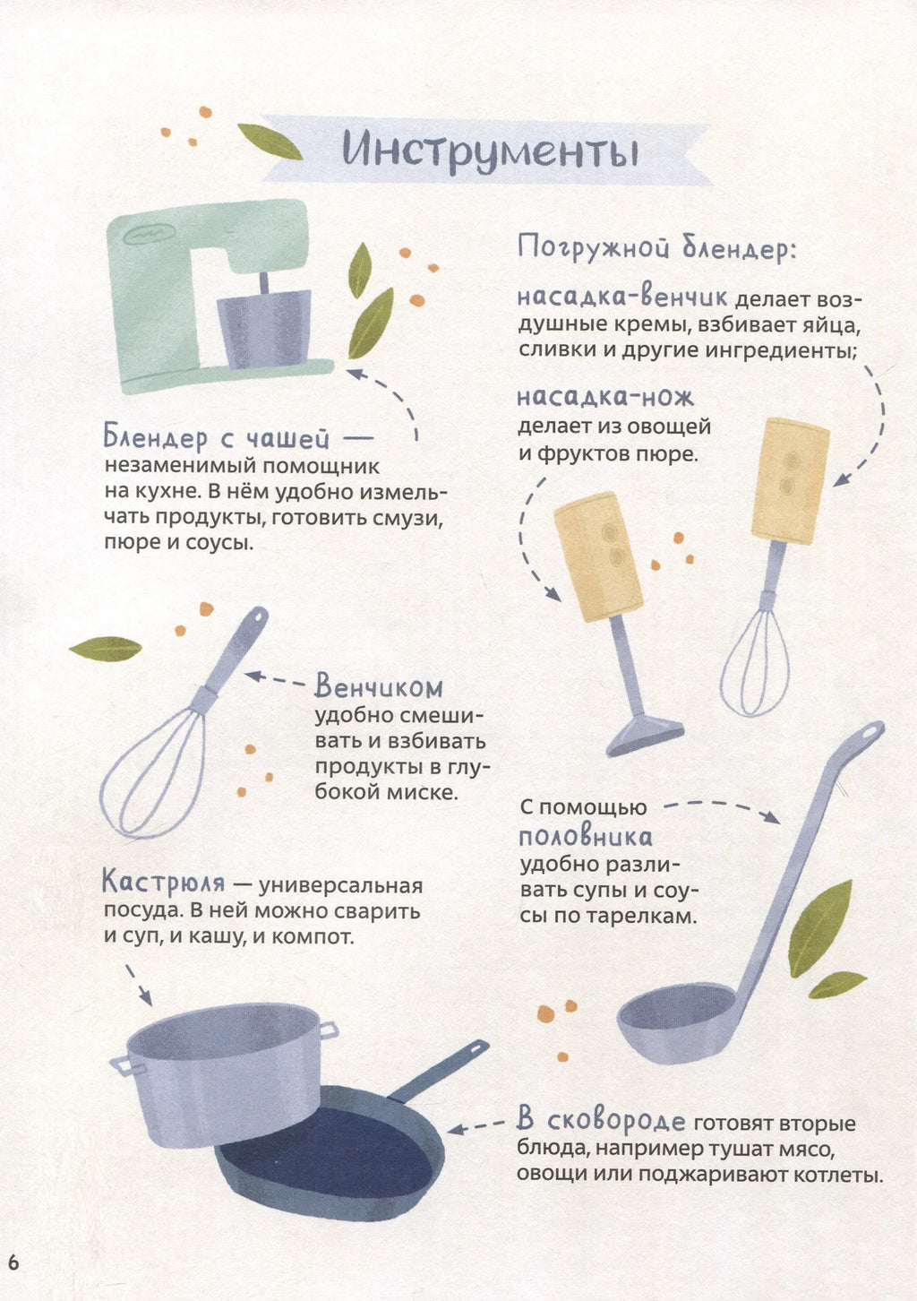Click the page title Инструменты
click(x=491, y=152)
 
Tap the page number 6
click(x=13, y=1263)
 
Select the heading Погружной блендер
click(x=656, y=249)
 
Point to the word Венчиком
click(x=379, y=686)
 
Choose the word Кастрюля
click(x=163, y=883)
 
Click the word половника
click(x=585, y=838)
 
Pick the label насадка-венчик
click(x=621, y=297)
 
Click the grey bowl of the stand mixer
click(x=264, y=329)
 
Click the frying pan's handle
click(x=439, y=1069)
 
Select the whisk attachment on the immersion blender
click(x=755, y=662)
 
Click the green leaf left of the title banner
click(x=270, y=142)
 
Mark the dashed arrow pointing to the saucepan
click(x=139, y=985)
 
